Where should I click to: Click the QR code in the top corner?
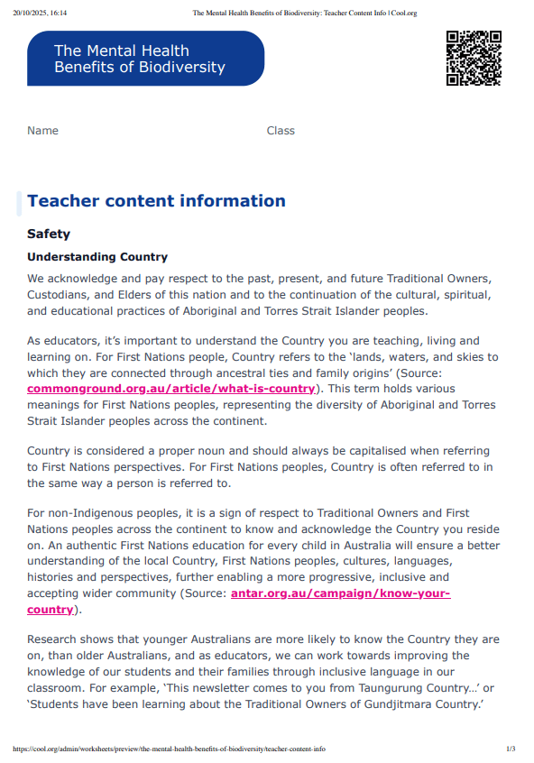point(473,58)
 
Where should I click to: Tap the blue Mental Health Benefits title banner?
point(145,59)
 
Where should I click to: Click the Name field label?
point(42,131)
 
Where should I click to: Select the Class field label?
point(281,131)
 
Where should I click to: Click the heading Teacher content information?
point(156,201)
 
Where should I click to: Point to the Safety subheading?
point(49,234)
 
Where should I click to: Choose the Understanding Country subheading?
point(97,257)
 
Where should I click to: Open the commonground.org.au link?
point(170,389)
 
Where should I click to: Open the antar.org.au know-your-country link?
point(340,593)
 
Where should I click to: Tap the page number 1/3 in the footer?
point(510,749)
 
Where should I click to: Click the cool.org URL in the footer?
point(169,749)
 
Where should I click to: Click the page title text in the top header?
point(304,14)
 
